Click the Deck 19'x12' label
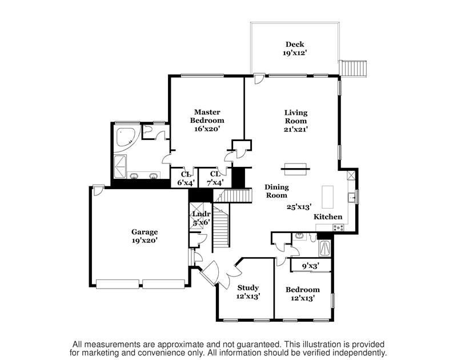click(295, 49)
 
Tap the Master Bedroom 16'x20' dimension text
click(207, 129)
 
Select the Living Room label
click(296, 117)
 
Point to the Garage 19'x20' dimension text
click(145, 241)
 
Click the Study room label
click(248, 287)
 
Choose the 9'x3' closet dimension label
click(311, 266)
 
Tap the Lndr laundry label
click(201, 214)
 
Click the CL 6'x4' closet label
click(186, 179)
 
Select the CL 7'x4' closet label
click(215, 178)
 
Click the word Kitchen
click(328, 217)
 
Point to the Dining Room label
click(276, 191)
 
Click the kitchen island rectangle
click(327, 197)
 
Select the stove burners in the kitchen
click(339, 227)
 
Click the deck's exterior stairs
click(354, 69)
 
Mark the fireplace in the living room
click(295, 169)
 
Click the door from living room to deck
click(259, 78)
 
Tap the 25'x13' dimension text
click(299, 207)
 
